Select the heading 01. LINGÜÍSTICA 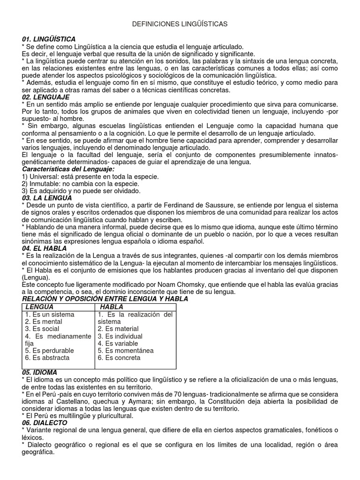click(x=49, y=39)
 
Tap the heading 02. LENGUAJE click(x=45, y=97)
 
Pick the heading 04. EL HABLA click(x=44, y=248)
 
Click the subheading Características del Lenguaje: click(x=68, y=169)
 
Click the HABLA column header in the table click(x=112, y=307)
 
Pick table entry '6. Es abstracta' click(x=47, y=358)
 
